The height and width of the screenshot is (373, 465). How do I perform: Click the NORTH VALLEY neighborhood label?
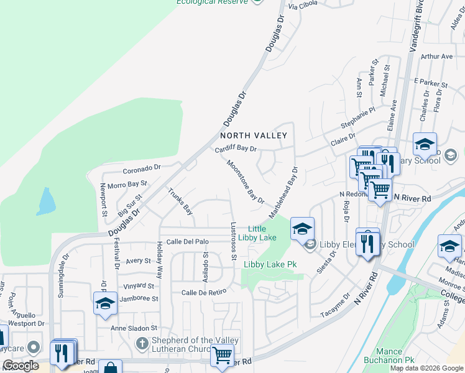pyautogui.click(x=253, y=136)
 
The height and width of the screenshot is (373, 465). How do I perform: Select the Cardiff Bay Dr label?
pyautogui.click(x=236, y=149)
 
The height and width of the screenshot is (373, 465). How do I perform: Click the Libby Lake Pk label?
pyautogui.click(x=270, y=264)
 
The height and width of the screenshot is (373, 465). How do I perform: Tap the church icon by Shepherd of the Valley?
pyautogui.click(x=142, y=343)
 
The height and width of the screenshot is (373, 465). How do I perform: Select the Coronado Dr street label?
pyautogui.click(x=142, y=167)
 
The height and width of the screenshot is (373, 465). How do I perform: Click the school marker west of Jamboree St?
pyautogui.click(x=105, y=303)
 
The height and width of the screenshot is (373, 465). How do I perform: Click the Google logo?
pyautogui.click(x=21, y=366)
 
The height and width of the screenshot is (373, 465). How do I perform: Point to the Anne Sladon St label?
pyautogui.click(x=134, y=328)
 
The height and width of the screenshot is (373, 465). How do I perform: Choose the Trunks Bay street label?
pyautogui.click(x=180, y=202)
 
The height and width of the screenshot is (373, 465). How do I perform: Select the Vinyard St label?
pyautogui.click(x=138, y=286)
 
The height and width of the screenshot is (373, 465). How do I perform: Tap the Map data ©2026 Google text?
pyautogui.click(x=425, y=368)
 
